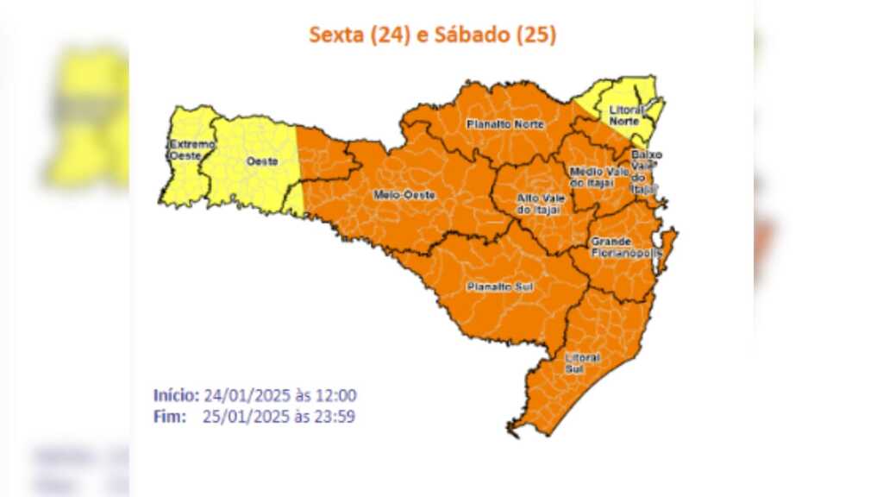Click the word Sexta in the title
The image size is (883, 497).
336,35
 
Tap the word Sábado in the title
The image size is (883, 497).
467,35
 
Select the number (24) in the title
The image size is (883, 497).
385,35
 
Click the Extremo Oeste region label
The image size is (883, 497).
191,150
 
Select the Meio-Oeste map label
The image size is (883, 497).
404,195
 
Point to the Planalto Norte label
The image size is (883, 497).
505,124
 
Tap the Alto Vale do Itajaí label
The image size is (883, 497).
539,204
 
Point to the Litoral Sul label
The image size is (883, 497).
582,363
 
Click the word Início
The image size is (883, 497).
176,396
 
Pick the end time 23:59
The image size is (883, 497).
337,417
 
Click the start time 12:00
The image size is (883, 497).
337,396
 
